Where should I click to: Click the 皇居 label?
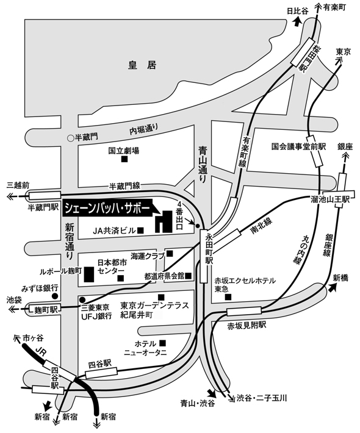[x=142, y=65]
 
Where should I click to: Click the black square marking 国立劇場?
[x=124, y=159]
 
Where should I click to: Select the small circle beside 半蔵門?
[x=71, y=137]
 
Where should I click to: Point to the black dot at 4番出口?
[x=198, y=226]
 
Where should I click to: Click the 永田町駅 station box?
[x=204, y=256]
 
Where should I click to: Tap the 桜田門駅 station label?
[x=303, y=58]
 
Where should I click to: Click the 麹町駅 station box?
[x=44, y=309]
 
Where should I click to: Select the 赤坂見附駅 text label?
[x=247, y=326]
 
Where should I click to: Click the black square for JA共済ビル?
[x=141, y=231]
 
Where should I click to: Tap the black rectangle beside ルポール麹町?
[x=88, y=274]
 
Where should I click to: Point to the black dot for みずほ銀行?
[x=56, y=296]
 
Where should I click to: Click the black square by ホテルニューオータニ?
[x=162, y=343]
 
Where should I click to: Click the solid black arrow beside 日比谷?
[x=297, y=21]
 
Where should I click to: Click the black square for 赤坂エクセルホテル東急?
[x=228, y=297]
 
